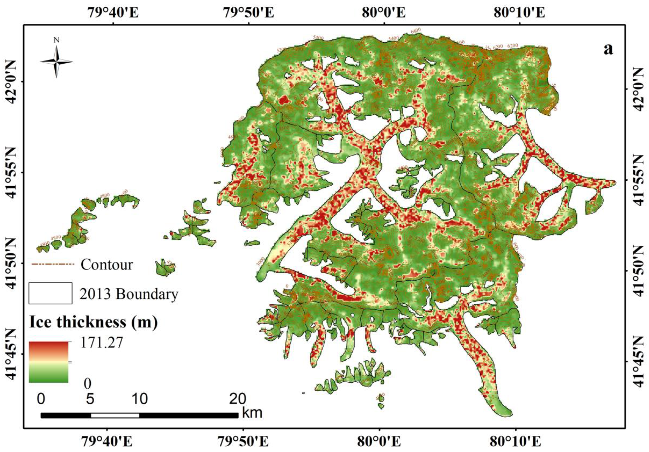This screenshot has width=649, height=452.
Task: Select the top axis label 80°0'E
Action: click(384, 13)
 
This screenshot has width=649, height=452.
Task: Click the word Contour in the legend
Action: click(107, 265)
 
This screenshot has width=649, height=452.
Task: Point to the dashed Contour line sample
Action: click(53, 264)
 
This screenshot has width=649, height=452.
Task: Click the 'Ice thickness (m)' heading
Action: click(93, 322)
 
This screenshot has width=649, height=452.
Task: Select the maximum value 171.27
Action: click(102, 343)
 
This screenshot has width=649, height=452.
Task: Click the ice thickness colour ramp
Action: click(49, 362)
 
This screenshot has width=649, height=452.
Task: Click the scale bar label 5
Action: click(90, 399)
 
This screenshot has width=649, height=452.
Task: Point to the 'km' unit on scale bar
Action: click(252, 413)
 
